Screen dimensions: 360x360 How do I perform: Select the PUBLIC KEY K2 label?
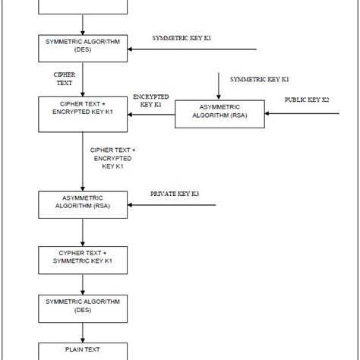308,99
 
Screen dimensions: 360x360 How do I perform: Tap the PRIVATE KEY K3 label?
175,194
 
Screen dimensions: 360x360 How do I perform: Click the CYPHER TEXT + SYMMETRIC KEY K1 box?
81,257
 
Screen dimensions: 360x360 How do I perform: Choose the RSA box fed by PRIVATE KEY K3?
81,204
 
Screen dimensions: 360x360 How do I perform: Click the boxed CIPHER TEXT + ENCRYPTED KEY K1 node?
81,109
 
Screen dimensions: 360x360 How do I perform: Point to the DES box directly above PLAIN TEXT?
81,306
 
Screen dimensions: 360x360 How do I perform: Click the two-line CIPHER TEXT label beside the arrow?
64,79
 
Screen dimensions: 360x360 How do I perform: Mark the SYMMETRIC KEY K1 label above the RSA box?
259,79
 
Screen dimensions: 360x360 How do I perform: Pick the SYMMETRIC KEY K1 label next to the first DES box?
182,37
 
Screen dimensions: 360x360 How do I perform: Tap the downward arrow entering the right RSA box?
219,87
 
